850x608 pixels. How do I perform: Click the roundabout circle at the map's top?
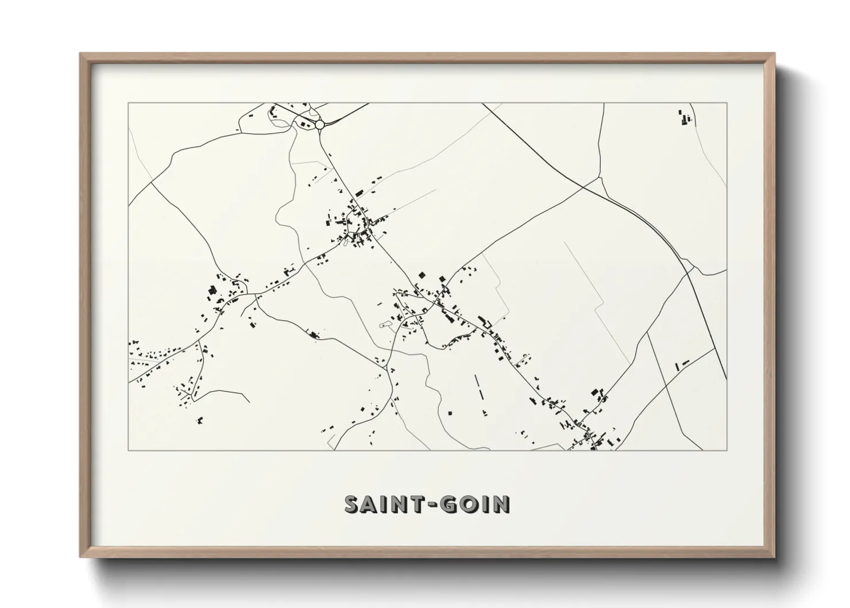click(319, 124)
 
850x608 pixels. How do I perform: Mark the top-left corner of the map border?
click(129, 103)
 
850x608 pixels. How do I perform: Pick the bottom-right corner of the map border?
click(727, 450)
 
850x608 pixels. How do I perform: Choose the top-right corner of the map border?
click(727, 103)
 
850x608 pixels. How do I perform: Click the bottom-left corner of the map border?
click(129, 450)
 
